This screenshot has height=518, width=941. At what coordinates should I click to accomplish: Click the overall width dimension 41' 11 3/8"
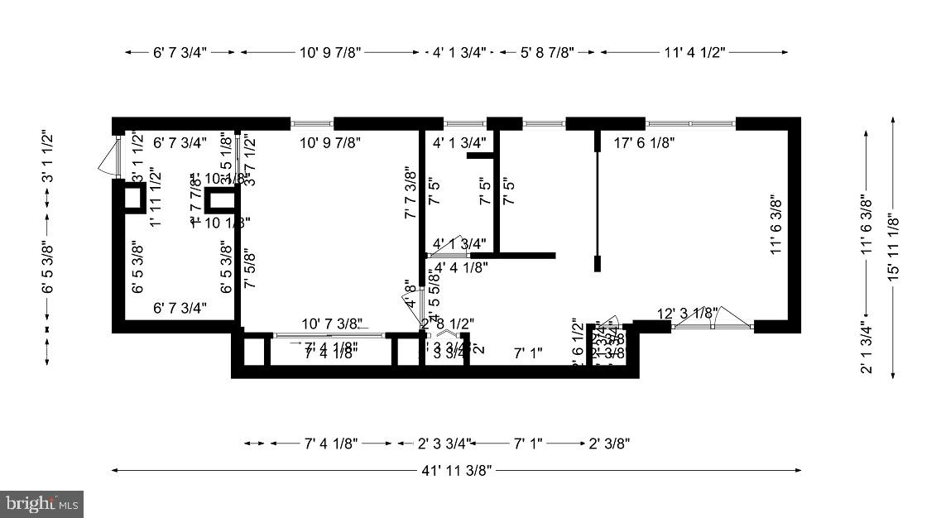[x=456, y=471]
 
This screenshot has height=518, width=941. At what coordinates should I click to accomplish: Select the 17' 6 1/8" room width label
[x=645, y=143]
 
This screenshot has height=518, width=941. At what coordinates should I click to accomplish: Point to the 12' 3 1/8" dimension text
[x=687, y=313]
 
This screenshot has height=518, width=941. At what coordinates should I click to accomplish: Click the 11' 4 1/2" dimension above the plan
[x=694, y=52]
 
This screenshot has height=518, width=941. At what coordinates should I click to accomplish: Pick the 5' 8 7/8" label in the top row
[x=546, y=52]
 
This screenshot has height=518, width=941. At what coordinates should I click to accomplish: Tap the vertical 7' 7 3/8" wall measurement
[x=409, y=193]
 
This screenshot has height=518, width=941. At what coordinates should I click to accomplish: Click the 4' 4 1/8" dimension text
[x=461, y=266]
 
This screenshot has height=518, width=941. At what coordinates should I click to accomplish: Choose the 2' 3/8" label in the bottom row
[x=609, y=444]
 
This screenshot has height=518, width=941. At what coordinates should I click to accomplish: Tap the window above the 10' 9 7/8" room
[x=312, y=124]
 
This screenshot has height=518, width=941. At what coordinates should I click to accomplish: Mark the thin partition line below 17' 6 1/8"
[x=597, y=203]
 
